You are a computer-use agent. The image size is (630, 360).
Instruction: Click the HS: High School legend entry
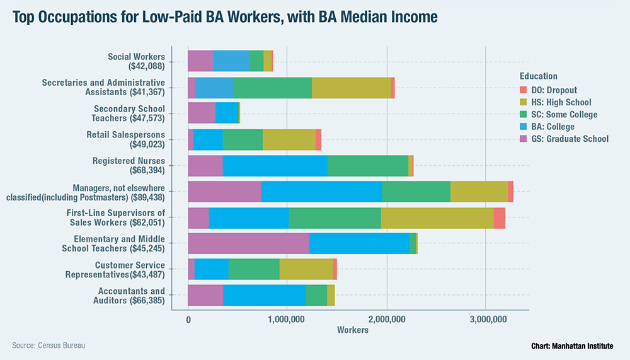(560, 102)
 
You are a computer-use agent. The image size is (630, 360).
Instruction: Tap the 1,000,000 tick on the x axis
(287, 320)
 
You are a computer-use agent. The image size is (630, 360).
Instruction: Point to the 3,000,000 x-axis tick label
(486, 320)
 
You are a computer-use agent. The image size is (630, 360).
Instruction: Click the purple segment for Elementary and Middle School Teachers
(249, 243)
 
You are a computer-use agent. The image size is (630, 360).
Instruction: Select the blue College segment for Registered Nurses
(275, 165)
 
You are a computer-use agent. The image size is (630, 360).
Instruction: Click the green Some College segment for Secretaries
(272, 87)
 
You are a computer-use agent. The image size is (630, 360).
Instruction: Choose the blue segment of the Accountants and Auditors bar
(264, 295)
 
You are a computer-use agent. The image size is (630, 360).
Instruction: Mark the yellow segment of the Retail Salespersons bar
(289, 139)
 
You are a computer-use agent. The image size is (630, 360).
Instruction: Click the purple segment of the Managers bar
(224, 191)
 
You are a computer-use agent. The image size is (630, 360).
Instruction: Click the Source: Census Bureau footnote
(49, 345)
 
